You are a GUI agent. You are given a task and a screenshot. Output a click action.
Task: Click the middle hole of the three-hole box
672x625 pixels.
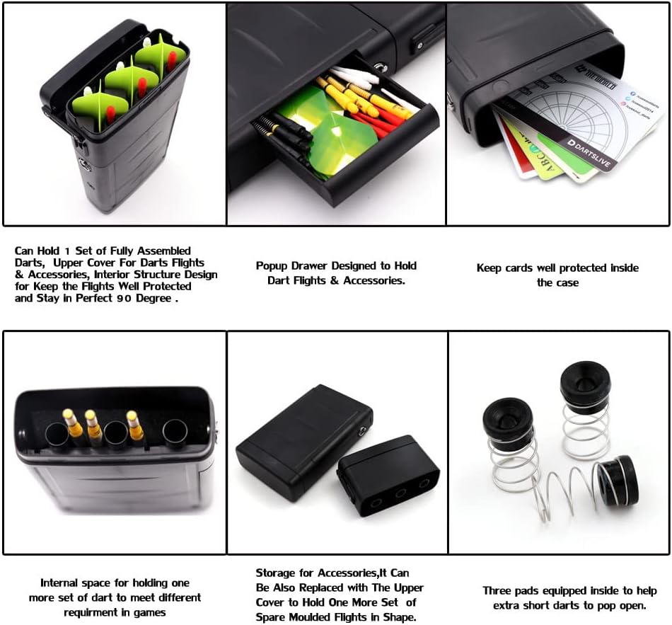click(x=400, y=491)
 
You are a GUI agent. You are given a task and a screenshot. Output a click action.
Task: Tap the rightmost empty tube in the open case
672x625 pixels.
click(x=174, y=431)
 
